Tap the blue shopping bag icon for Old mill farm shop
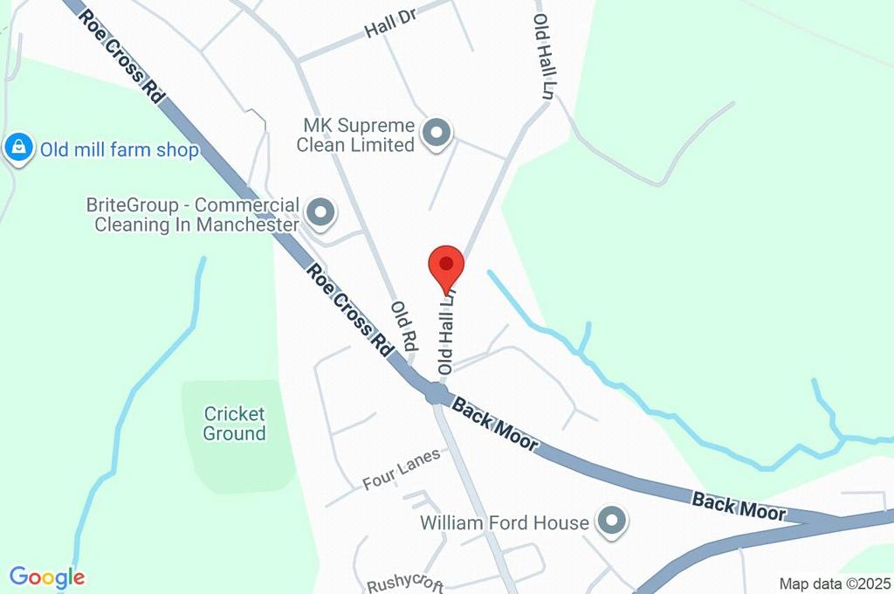point(18,148)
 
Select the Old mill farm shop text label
point(119,150)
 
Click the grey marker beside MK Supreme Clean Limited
point(435,134)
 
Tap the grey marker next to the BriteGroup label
point(322,211)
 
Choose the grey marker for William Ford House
point(611,521)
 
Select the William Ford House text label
point(504,522)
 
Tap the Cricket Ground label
point(234,423)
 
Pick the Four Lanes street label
point(401,469)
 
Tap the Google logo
point(47,577)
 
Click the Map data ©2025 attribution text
point(836,584)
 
